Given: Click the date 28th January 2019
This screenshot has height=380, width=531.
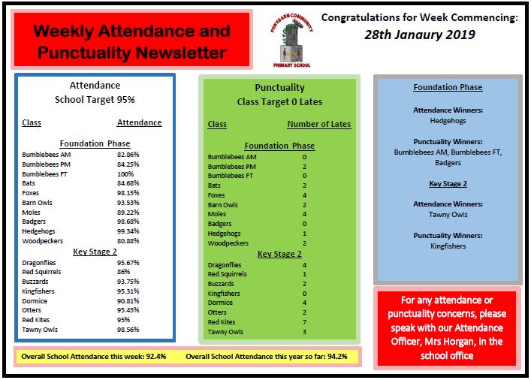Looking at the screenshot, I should (x=420, y=35).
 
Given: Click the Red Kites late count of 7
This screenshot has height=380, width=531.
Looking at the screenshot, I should (x=304, y=322).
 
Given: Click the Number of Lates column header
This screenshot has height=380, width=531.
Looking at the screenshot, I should (x=318, y=124).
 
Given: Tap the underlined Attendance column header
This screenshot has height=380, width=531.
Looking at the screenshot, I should (x=139, y=122).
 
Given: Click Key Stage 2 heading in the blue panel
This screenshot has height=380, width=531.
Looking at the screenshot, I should (x=448, y=183).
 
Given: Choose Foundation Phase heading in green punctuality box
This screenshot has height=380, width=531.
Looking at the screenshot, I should (x=279, y=146).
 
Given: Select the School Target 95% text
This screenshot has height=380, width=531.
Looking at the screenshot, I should (x=95, y=99).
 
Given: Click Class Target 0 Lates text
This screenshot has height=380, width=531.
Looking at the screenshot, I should (x=279, y=101).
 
